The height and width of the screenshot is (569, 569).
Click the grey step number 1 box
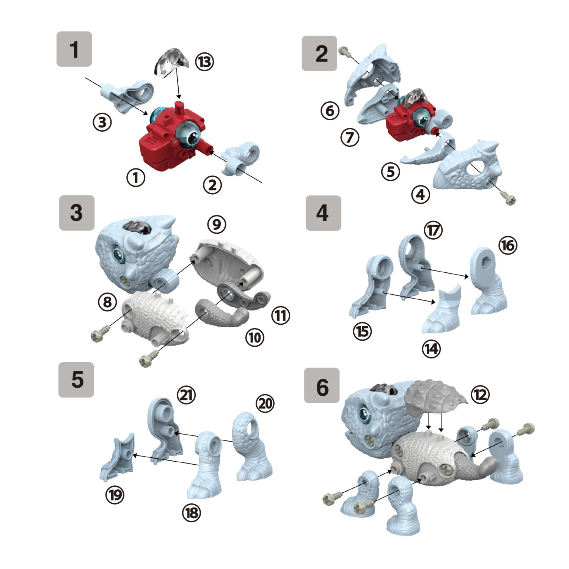(x=74, y=49)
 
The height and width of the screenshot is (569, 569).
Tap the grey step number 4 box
(x=323, y=213)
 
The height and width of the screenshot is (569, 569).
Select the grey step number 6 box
(x=322, y=385)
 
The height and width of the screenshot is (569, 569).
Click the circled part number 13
(x=205, y=61)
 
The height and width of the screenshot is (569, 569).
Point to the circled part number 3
(x=102, y=122)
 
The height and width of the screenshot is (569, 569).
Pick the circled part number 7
(x=350, y=137)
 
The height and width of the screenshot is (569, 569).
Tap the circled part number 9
(x=217, y=224)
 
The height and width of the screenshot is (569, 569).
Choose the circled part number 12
(x=480, y=395)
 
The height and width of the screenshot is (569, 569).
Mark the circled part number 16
(x=508, y=245)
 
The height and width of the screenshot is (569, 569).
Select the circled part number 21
(x=186, y=395)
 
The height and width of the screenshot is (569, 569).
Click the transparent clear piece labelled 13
(x=171, y=63)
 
